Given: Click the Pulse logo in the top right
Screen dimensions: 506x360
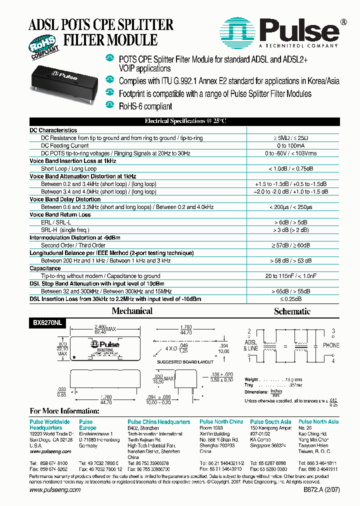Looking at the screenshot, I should [284, 33].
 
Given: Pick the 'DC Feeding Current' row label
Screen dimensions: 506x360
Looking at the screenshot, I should [65, 145].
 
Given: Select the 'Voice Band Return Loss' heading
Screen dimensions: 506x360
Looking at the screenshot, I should [60, 214].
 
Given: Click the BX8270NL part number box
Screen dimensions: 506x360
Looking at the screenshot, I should [45, 323].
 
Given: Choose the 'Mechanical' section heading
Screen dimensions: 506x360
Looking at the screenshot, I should [132, 311].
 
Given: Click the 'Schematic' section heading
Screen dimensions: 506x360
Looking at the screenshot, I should [292, 311].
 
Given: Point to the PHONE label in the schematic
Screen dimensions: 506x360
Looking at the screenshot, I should [331, 345].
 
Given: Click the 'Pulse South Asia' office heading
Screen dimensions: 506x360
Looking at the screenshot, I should [270, 422].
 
